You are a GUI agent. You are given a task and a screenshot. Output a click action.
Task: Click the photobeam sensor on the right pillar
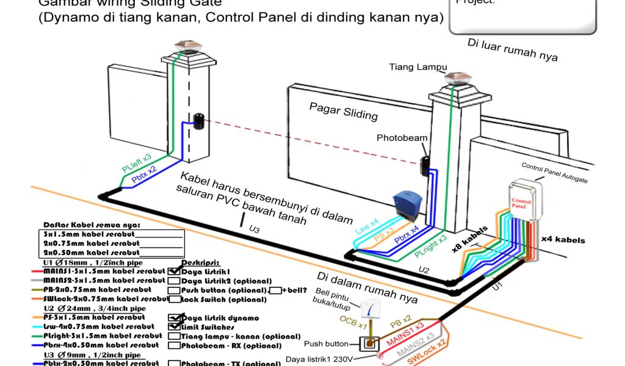425,165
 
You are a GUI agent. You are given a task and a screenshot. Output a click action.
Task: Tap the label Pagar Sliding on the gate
343,111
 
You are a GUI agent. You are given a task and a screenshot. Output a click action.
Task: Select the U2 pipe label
424,269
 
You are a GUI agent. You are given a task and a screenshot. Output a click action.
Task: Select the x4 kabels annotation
562,240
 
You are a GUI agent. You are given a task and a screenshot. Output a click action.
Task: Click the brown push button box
369,345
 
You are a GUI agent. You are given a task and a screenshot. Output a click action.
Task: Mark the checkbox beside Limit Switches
174,327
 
